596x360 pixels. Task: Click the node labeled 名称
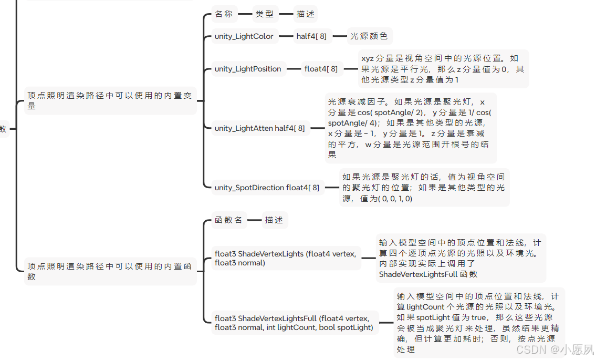pyautogui.click(x=224, y=14)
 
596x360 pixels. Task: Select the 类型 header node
pyautogui.click(x=265, y=14)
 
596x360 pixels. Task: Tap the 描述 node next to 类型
pyautogui.click(x=305, y=14)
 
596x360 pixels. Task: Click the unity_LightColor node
pyautogui.click(x=244, y=36)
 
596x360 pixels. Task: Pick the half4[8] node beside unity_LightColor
pyautogui.click(x=311, y=36)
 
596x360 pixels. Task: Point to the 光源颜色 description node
pyautogui.click(x=369, y=36)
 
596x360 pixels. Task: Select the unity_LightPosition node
pyautogui.click(x=248, y=69)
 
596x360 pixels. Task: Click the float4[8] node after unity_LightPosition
pyautogui.click(x=321, y=69)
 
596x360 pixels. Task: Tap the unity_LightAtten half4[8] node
pyautogui.click(x=259, y=128)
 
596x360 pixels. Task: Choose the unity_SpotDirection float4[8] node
pyautogui.click(x=267, y=188)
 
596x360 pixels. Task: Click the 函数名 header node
pyautogui.click(x=228, y=220)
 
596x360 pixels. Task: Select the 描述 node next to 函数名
pyautogui.click(x=274, y=220)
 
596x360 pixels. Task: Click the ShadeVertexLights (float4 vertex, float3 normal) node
pyautogui.click(x=285, y=258)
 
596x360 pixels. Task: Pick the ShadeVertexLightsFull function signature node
pyautogui.click(x=294, y=323)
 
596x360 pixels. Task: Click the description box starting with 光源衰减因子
pyautogui.click(x=410, y=128)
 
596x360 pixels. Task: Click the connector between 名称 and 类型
pyautogui.click(x=245, y=14)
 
